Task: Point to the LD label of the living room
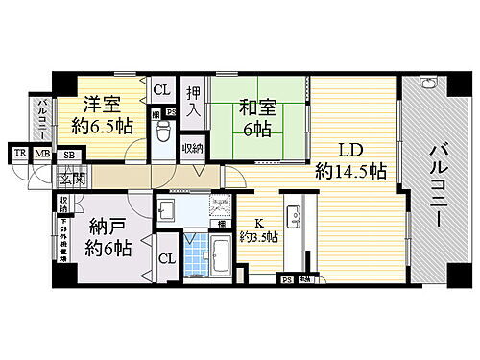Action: pyautogui.click(x=348, y=151)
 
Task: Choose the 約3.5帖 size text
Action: pyautogui.click(x=260, y=236)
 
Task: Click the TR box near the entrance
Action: pyautogui.click(x=19, y=154)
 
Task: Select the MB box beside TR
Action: pyautogui.click(x=41, y=154)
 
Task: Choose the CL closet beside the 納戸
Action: pyautogui.click(x=165, y=258)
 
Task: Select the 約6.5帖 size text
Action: pyautogui.click(x=102, y=125)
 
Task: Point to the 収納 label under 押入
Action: pyautogui.click(x=192, y=148)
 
